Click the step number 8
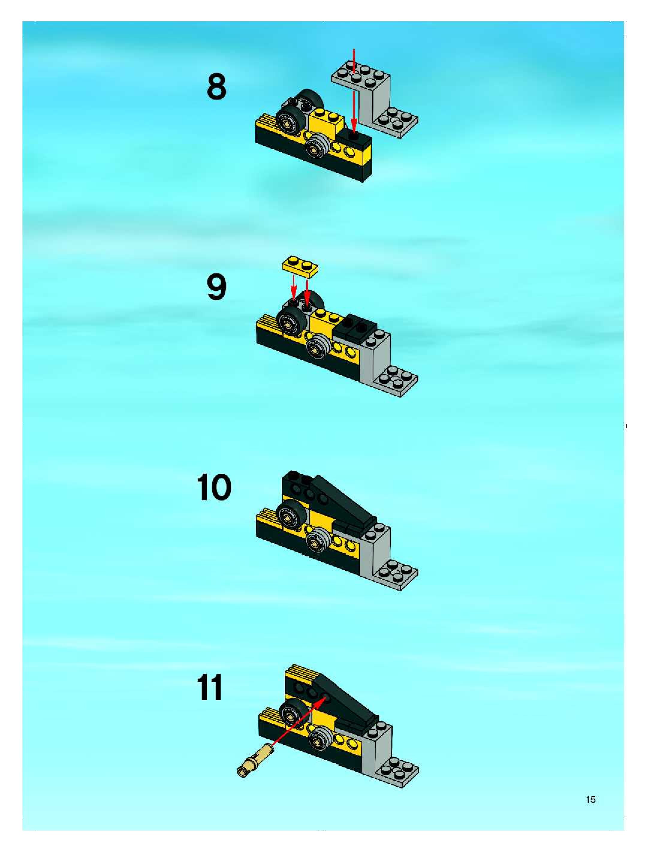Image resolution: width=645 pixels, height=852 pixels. pos(216,87)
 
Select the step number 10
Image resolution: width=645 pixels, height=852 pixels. pos(214,488)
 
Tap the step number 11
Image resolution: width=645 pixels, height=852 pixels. pos(210,688)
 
